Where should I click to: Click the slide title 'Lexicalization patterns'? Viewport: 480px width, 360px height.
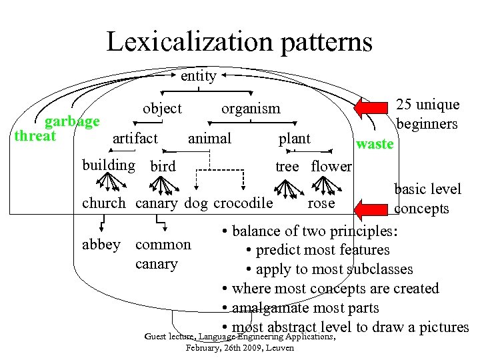(239, 42)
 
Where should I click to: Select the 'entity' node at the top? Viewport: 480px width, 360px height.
(198, 76)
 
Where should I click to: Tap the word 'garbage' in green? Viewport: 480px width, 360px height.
(72, 121)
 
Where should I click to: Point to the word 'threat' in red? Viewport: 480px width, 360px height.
(35, 135)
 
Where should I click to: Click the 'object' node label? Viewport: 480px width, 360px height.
(162, 108)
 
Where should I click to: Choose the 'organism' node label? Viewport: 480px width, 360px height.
(251, 108)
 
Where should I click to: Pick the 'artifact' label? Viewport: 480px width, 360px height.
(135, 138)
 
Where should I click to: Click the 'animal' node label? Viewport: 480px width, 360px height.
(209, 138)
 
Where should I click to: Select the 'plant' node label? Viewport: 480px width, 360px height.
(294, 138)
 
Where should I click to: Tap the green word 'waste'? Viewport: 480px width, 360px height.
(375, 144)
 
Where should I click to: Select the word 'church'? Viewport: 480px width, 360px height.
(103, 203)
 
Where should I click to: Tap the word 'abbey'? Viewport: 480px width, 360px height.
(101, 244)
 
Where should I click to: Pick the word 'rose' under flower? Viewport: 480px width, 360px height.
(321, 203)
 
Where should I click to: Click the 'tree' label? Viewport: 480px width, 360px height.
(287, 166)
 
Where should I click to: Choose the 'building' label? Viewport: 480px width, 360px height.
(108, 165)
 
